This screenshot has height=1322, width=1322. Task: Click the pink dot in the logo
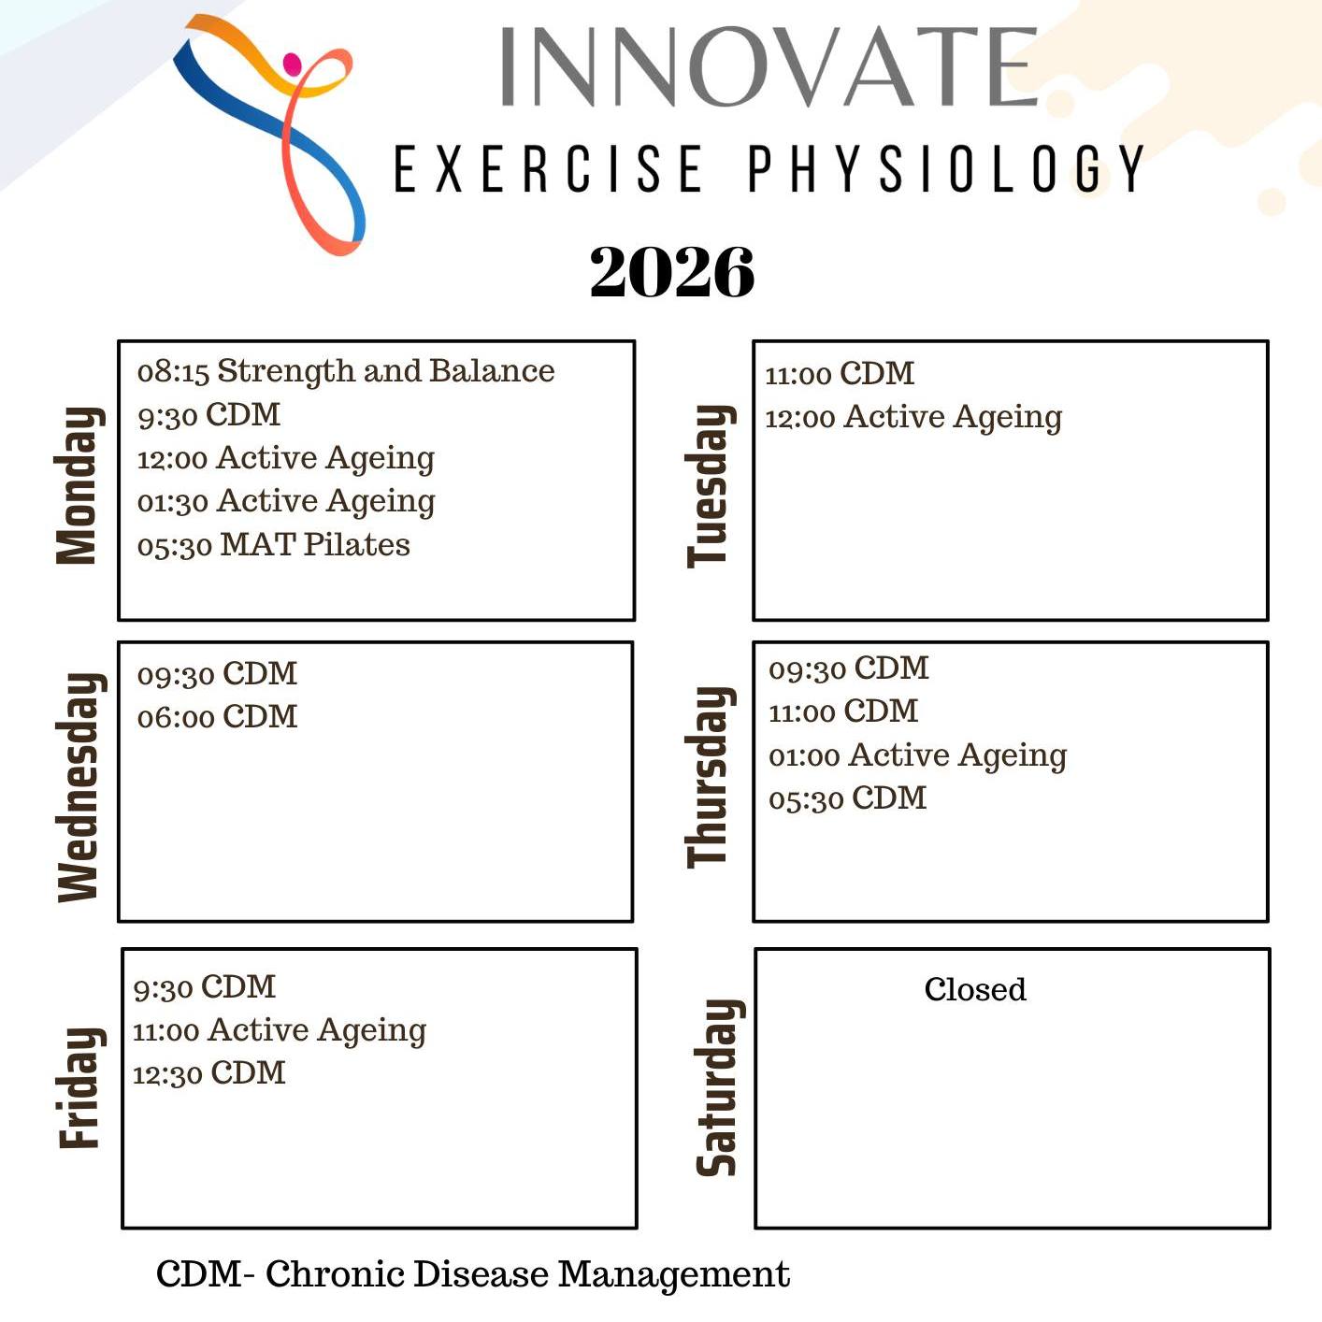click(293, 64)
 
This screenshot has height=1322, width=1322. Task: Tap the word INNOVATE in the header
click(769, 66)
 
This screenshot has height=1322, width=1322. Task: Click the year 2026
click(671, 272)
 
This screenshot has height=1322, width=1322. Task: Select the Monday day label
click(79, 486)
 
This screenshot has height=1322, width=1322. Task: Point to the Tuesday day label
click(711, 486)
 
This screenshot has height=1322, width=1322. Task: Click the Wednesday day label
click(81, 787)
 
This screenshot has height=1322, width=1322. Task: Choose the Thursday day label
click(711, 777)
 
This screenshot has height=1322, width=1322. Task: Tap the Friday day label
click(81, 1087)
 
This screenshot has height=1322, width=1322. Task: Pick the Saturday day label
click(719, 1087)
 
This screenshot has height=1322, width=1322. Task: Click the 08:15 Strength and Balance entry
click(346, 371)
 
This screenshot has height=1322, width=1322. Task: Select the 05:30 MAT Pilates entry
click(274, 545)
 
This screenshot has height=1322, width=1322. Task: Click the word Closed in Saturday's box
click(975, 989)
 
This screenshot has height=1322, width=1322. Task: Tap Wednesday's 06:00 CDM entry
click(218, 717)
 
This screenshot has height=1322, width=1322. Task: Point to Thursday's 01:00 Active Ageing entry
click(918, 756)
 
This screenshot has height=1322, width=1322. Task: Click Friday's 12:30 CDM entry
click(208, 1073)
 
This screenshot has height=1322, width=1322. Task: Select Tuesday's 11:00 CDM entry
click(840, 374)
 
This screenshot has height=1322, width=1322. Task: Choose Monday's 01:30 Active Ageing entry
click(286, 502)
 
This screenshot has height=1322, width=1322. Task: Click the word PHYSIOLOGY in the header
click(945, 168)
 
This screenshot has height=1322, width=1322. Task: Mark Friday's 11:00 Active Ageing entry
click(280, 1031)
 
